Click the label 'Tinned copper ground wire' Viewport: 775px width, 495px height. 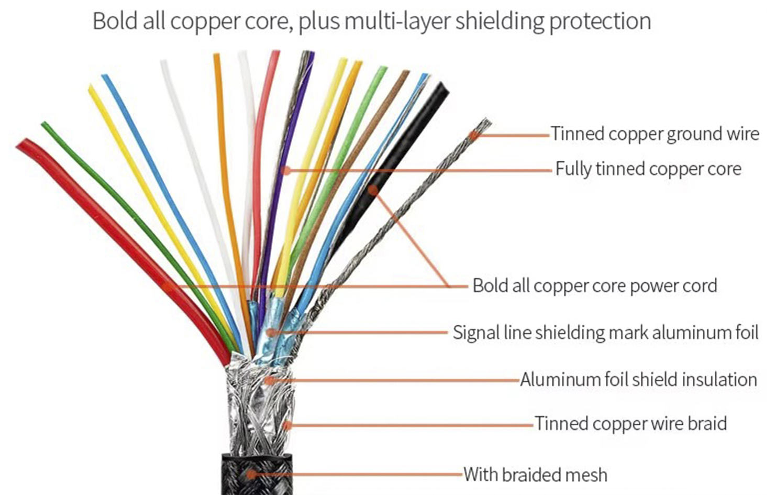[655, 134]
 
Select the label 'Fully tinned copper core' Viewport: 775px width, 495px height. [648, 169]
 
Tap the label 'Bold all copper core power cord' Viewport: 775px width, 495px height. [594, 285]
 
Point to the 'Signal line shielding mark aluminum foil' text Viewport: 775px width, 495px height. [605, 332]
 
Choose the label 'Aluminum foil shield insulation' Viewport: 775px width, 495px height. [638, 379]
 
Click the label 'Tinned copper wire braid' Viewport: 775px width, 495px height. [630, 423]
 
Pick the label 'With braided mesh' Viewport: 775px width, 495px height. [535, 475]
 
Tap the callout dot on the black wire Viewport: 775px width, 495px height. [372, 190]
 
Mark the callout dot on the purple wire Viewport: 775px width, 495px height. [285, 170]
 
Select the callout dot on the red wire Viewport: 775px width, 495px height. [167, 286]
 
